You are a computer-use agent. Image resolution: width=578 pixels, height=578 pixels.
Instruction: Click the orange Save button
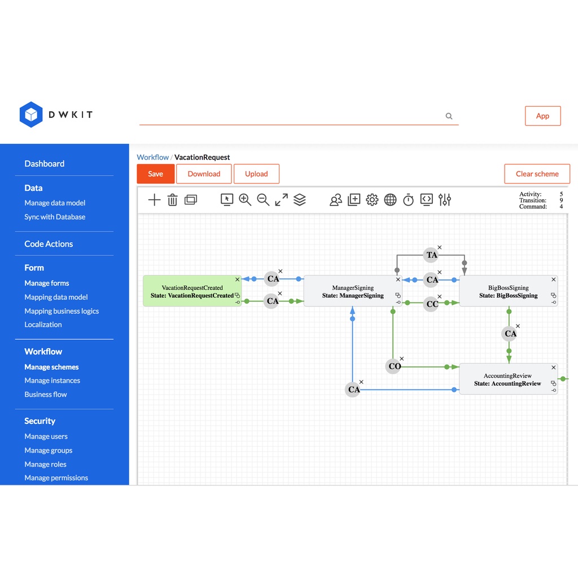pyautogui.click(x=155, y=174)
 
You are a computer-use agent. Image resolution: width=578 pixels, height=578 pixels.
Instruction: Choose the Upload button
pyautogui.click(x=256, y=174)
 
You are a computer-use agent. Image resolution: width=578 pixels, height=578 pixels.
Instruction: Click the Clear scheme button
pyautogui.click(x=537, y=174)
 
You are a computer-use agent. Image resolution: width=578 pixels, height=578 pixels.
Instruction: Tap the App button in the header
pyautogui.click(x=542, y=116)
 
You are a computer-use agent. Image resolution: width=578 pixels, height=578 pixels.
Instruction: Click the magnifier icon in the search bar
pyautogui.click(x=449, y=116)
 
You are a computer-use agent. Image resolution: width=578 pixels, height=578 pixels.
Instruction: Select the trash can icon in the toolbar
pyautogui.click(x=172, y=200)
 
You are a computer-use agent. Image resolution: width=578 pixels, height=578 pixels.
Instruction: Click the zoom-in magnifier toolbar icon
pyautogui.click(x=245, y=200)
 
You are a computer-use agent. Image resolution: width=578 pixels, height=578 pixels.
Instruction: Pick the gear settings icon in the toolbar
pyautogui.click(x=372, y=200)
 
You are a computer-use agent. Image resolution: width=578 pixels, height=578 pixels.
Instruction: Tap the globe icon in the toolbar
pyautogui.click(x=390, y=200)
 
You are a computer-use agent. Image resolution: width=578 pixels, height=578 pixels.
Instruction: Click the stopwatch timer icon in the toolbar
pyautogui.click(x=408, y=200)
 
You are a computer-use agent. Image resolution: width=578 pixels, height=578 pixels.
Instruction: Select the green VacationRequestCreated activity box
pyautogui.click(x=192, y=291)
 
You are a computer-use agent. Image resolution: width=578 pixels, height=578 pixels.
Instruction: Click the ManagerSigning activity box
pyautogui.click(x=353, y=291)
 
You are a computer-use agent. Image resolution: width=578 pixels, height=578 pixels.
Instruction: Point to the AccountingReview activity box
pyautogui.click(x=508, y=379)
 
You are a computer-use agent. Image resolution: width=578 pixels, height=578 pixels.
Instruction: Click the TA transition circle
pyautogui.click(x=431, y=255)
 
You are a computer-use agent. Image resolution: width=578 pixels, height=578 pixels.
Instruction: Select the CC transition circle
pyautogui.click(x=431, y=304)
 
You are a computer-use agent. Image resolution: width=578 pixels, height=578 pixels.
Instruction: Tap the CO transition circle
pyautogui.click(x=393, y=366)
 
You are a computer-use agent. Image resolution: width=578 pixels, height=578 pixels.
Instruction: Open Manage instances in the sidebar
pyautogui.click(x=52, y=380)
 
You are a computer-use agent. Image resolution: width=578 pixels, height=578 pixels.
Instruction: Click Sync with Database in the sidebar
pyautogui.click(x=55, y=217)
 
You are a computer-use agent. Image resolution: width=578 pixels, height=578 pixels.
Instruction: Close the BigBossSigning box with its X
pyautogui.click(x=553, y=279)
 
